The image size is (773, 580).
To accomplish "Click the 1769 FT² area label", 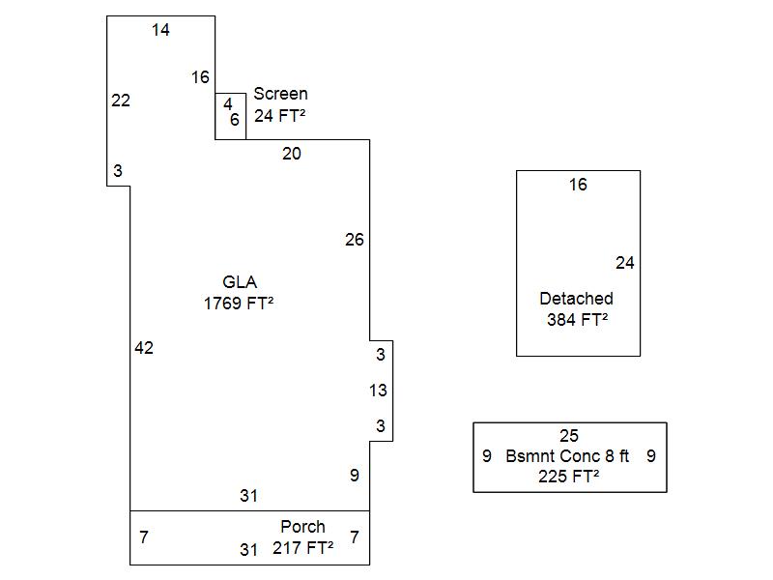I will (x=238, y=304).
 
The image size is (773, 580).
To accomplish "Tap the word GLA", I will (x=240, y=282).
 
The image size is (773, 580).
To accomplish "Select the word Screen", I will (x=280, y=94).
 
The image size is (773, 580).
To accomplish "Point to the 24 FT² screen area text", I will (x=280, y=115).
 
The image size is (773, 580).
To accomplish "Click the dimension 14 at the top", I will (x=160, y=30).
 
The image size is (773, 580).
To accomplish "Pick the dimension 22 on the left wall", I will (x=121, y=101).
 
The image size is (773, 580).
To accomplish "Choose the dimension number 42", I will (x=144, y=348).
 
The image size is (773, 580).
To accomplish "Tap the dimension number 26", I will (x=355, y=240).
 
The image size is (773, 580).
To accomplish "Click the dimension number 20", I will (x=292, y=154).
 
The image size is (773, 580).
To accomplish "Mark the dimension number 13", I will (x=378, y=391).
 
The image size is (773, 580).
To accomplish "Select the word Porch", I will (x=302, y=527).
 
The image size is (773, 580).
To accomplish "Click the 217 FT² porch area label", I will (x=302, y=548).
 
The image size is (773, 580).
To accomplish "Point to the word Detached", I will (x=576, y=299).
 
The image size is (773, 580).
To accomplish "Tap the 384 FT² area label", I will (x=577, y=320).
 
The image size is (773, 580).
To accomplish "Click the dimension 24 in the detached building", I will (x=624, y=263).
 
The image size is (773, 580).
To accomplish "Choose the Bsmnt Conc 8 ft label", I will (x=567, y=456).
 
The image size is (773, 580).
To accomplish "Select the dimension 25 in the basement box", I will (x=569, y=436).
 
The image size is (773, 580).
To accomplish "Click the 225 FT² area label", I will (x=569, y=477).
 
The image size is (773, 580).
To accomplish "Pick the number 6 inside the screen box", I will (x=235, y=120).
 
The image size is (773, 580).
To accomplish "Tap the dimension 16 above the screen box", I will (x=200, y=77).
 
